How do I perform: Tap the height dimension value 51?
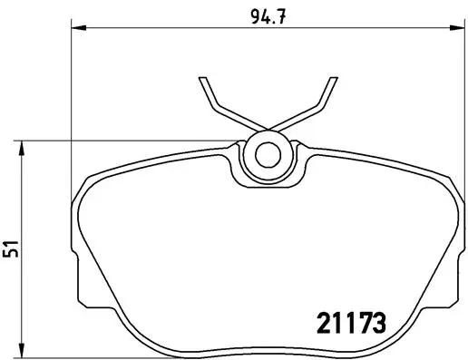[x=11, y=248]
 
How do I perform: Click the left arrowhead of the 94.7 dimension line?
[x=76, y=28]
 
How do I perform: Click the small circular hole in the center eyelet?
[x=267, y=153]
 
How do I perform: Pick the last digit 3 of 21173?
[x=380, y=321]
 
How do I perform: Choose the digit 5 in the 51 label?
[x=11, y=254]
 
